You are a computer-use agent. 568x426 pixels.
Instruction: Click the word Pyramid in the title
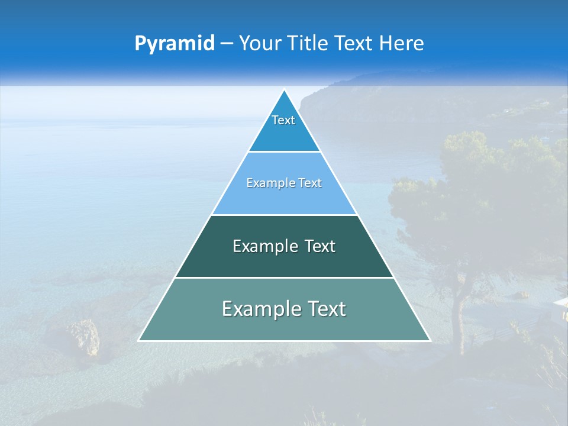tap(174, 44)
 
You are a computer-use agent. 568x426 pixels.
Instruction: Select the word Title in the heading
tap(312, 43)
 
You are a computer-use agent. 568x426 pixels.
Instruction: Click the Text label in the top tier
tap(283, 120)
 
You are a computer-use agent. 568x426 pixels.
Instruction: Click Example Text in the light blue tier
tap(284, 183)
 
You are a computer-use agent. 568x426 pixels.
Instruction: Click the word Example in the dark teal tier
tap(264, 246)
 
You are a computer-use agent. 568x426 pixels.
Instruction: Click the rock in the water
tap(83, 337)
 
